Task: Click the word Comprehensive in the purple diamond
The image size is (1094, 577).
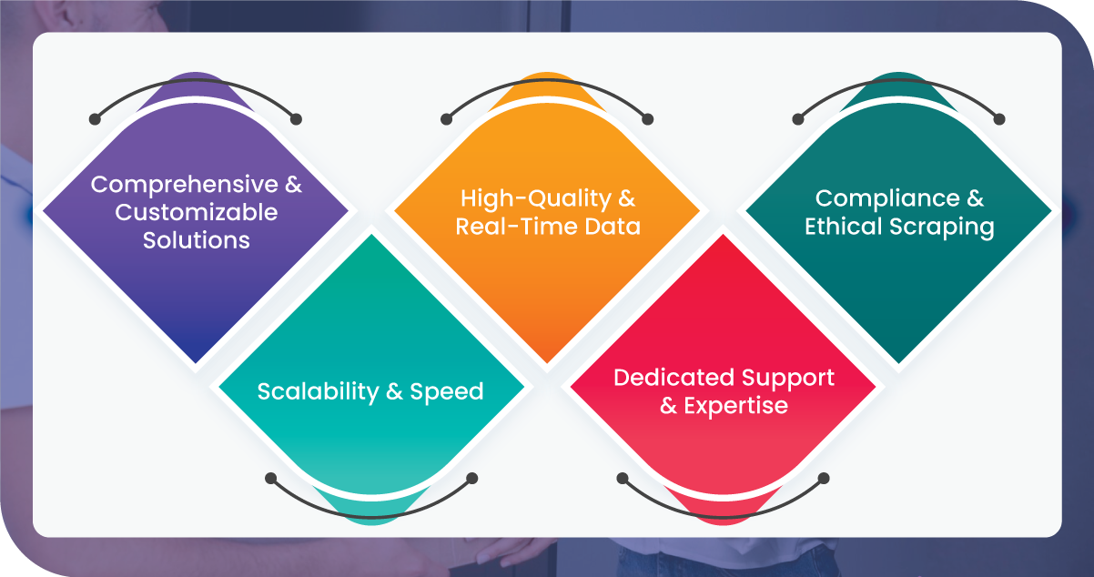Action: pos(185,185)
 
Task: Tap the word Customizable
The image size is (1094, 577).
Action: pos(197,212)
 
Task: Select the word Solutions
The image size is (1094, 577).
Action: pos(197,240)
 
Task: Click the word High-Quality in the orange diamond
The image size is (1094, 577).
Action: pos(536,198)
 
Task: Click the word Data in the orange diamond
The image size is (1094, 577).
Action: pos(613,227)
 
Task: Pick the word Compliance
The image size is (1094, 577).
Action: pos(887,198)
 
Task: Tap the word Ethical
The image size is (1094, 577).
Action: pos(843,227)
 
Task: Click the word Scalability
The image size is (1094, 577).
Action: pos(318,392)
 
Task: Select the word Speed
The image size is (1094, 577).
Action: pos(446,392)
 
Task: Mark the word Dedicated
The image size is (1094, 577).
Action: pos(674,377)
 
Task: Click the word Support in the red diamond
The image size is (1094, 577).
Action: pos(788,379)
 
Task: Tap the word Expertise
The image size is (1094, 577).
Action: pos(735,406)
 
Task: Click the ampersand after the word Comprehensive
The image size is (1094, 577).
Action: pos(294,185)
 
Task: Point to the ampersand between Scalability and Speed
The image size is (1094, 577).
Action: pos(394,392)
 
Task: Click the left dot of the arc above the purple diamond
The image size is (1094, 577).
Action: pos(96,119)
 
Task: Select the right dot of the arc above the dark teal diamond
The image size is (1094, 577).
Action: pos(999,119)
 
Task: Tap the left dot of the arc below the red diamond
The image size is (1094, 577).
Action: pos(623,479)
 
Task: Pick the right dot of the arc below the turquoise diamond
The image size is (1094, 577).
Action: pos(471,479)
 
